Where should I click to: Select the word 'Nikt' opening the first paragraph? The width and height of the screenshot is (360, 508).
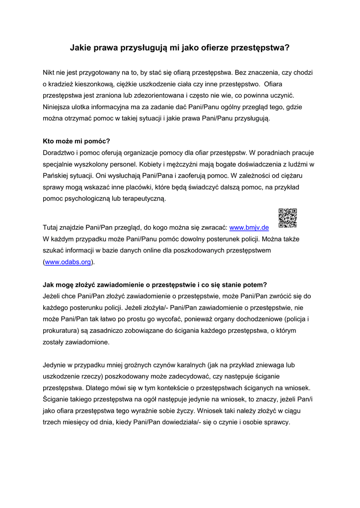point(50,72)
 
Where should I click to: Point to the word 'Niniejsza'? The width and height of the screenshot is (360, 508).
point(59,107)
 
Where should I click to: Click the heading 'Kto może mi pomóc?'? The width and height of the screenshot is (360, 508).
point(76,141)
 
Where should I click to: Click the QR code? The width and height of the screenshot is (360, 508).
point(288,218)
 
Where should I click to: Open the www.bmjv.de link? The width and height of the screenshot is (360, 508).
point(249,227)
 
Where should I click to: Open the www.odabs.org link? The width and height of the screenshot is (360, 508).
point(68,262)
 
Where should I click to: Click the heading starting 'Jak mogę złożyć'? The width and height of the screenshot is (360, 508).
point(155,285)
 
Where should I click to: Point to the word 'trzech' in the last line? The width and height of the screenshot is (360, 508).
point(52,422)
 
